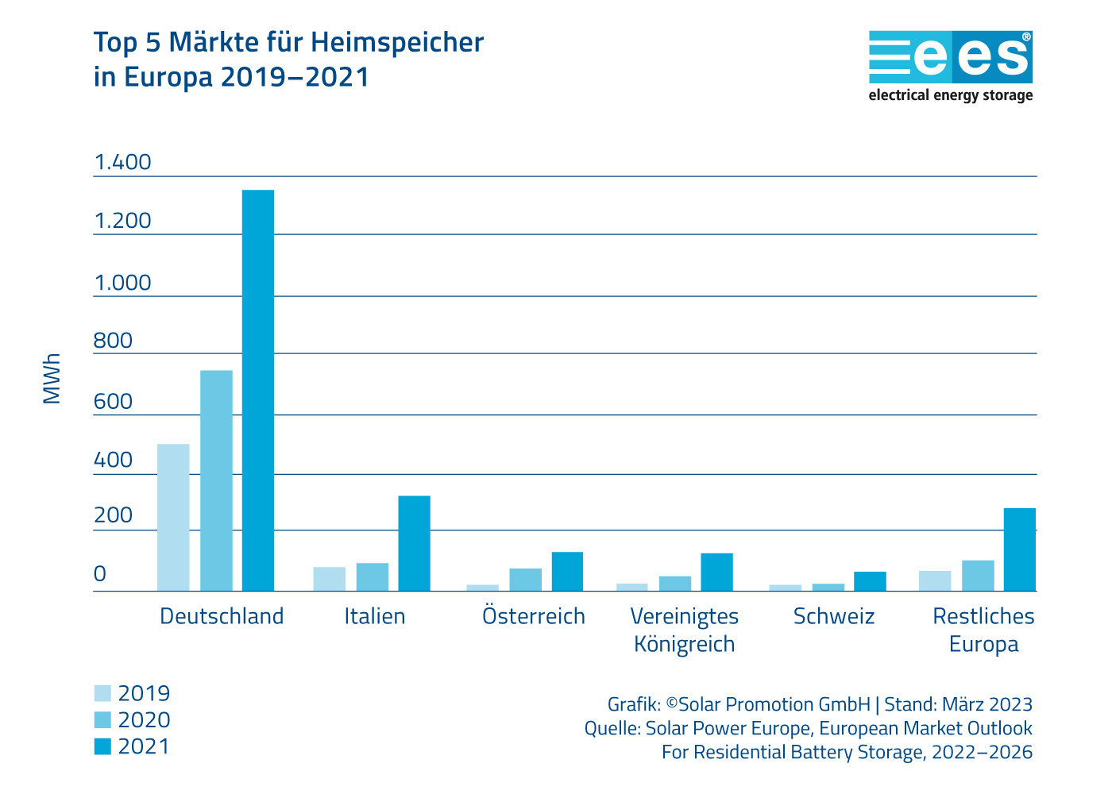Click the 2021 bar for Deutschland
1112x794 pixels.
[258, 390]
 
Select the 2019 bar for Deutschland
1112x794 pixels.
[173, 517]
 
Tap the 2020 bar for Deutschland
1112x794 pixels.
[216, 480]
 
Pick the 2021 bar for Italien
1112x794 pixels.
[414, 543]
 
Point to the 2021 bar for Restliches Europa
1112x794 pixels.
[1020, 549]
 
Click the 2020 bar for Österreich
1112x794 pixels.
[526, 580]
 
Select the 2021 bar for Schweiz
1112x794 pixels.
[870, 581]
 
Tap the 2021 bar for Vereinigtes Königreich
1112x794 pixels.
[716, 572]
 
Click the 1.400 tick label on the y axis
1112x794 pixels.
[122, 162]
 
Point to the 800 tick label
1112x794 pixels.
[113, 341]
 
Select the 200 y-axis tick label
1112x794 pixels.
[113, 515]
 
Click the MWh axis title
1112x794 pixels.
[52, 379]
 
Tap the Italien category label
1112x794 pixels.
[375, 616]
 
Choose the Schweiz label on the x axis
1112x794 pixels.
[834, 616]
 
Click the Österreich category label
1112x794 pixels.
[534, 616]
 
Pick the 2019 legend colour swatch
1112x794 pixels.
[102, 693]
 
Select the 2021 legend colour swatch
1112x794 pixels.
[102, 746]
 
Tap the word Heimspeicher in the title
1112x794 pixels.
[397, 42]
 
